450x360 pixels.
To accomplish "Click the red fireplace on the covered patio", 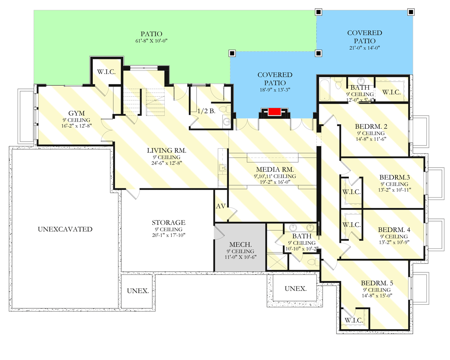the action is coord(275,112).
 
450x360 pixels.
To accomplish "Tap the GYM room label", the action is coord(77,113).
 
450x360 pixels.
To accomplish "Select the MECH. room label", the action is coord(240,244).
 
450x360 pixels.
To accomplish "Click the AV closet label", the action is coord(221,206).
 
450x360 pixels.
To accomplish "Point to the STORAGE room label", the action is coord(168,222).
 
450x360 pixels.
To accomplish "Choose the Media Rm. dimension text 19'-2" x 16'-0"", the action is coord(275,182).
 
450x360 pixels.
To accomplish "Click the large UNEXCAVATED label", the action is coord(65,229).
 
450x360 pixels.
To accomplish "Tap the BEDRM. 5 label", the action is coord(377,283).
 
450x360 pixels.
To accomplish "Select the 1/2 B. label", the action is coord(206,111).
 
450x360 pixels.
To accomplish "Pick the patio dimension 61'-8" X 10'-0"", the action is coord(151,41).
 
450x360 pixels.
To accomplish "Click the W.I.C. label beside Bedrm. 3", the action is coord(352,192).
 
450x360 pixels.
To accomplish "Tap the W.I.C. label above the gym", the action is coord(106,72).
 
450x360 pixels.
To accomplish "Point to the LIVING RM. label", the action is coord(167,150).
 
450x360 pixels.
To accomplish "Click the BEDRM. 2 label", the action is coord(371,127).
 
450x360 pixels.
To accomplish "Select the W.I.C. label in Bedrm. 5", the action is coord(354,320).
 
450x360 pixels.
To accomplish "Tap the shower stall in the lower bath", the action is coord(277,262).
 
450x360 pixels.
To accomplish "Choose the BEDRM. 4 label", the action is coord(394,230).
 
